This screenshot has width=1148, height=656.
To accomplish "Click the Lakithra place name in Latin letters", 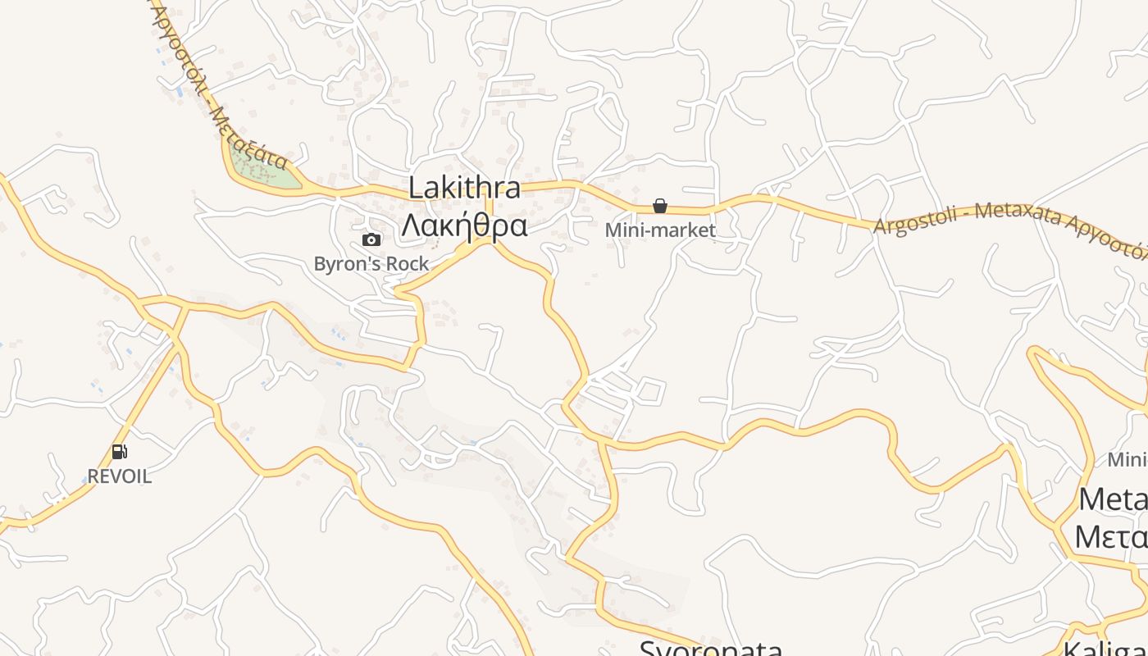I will pyautogui.click(x=464, y=188).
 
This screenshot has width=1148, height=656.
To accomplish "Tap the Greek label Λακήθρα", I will pyautogui.click(x=464, y=225).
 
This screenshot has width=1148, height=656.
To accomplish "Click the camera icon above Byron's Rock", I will pyautogui.click(x=371, y=239).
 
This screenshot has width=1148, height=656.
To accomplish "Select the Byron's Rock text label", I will pyautogui.click(x=371, y=264).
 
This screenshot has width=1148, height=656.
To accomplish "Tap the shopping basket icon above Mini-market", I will pyautogui.click(x=660, y=206).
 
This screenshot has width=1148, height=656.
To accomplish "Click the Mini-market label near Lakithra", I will pyautogui.click(x=660, y=230).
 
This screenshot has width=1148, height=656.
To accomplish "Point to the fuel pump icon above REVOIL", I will pyautogui.click(x=119, y=451).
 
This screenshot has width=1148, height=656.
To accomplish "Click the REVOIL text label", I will pyautogui.click(x=120, y=476).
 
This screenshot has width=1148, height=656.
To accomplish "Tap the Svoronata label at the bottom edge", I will pyautogui.click(x=711, y=648).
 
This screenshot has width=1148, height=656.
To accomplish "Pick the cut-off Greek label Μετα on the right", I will pyautogui.click(x=1111, y=537).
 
